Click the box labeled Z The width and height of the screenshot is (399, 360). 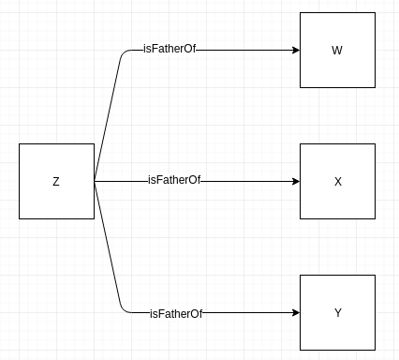[x=56, y=181]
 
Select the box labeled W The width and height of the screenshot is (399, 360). [x=337, y=50]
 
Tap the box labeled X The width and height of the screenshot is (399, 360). [x=337, y=181]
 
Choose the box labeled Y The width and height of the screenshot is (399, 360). [x=337, y=312]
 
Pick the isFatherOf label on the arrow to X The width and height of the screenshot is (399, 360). [x=173, y=180]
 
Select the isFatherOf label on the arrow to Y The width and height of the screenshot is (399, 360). [x=175, y=312]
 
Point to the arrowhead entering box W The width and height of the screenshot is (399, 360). [x=294, y=50]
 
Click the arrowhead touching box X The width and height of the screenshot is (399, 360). [x=294, y=181]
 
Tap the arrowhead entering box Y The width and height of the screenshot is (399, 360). [x=294, y=312]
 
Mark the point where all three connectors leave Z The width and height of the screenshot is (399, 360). [x=95, y=181]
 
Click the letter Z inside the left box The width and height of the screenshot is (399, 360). [x=56, y=181]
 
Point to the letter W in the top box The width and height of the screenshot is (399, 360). [x=337, y=50]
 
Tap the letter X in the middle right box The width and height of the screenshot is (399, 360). [x=337, y=181]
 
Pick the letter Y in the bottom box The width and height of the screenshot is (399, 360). [x=337, y=312]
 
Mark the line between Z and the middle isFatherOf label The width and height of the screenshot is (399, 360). [x=120, y=181]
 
